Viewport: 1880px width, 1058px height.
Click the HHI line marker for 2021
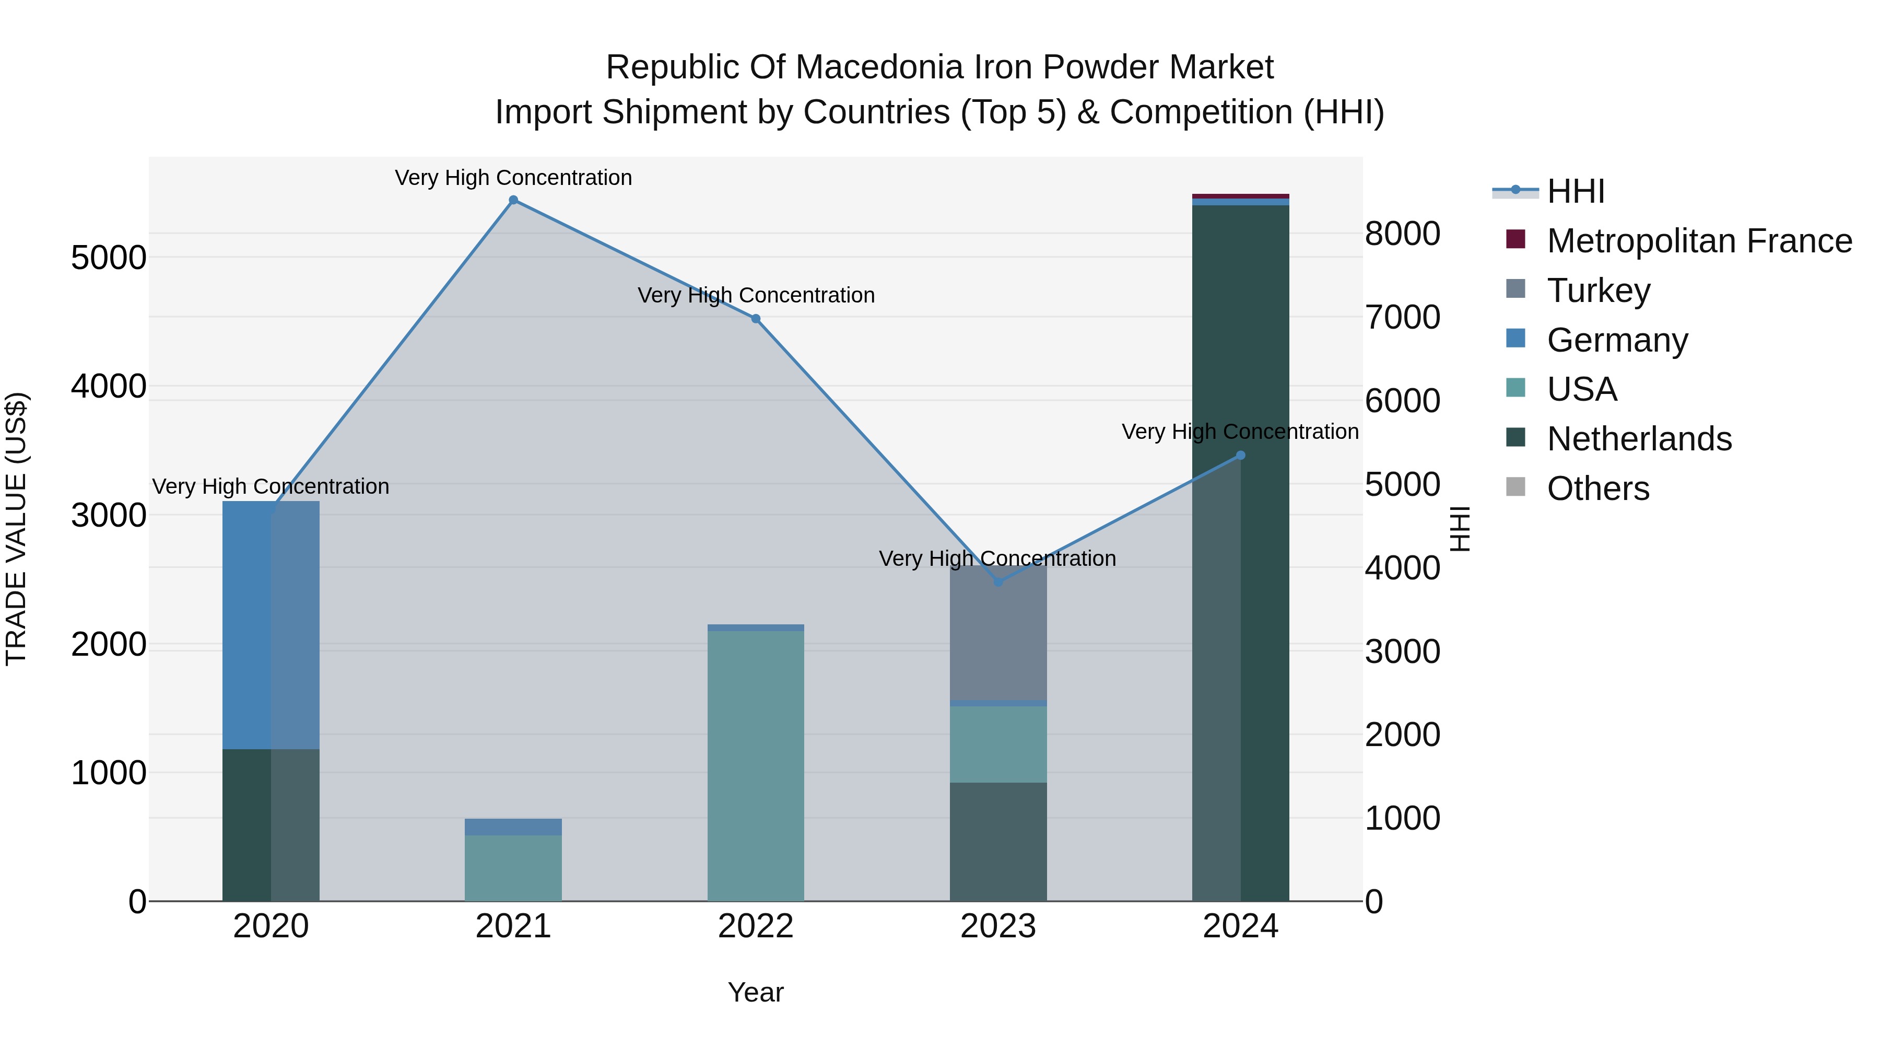513,200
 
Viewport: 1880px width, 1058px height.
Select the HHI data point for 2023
997,582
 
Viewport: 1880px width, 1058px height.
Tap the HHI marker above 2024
1240,456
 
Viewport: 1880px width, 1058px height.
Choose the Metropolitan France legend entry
1698,241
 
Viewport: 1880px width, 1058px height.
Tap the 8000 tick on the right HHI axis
1402,235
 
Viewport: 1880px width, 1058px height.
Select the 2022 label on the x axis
755,926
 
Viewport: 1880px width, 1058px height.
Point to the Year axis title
755,992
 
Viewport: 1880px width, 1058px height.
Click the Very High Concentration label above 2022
755,296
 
